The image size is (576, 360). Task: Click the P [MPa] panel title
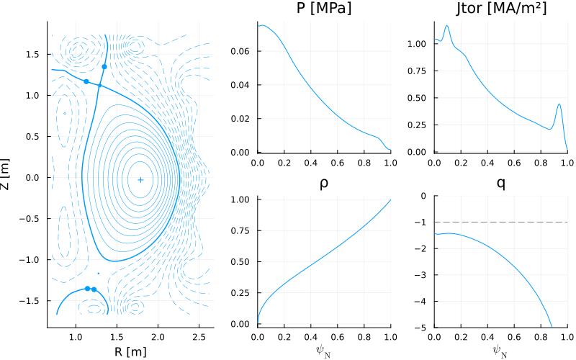coord(323,8)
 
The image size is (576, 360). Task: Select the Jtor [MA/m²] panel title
coord(501,8)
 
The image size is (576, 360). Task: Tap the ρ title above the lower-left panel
coord(323,184)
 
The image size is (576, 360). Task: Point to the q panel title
coord(501,183)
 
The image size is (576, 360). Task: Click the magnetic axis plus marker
coord(140,179)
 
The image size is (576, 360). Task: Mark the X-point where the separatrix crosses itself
coord(99,86)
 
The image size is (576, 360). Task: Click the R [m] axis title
coord(130,351)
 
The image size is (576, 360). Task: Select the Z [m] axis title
coord(5,174)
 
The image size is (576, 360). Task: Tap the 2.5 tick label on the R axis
coord(199,337)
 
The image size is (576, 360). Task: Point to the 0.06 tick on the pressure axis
coord(240,51)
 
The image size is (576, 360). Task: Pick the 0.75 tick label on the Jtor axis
coord(418,71)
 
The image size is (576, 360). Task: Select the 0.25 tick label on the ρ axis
coord(240,293)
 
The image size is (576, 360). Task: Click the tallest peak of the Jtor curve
coord(446,25)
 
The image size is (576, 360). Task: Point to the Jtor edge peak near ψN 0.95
coord(559,104)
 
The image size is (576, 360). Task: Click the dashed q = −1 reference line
coord(501,222)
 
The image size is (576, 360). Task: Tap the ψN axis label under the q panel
coord(501,351)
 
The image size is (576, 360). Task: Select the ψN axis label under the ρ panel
coord(323,351)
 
